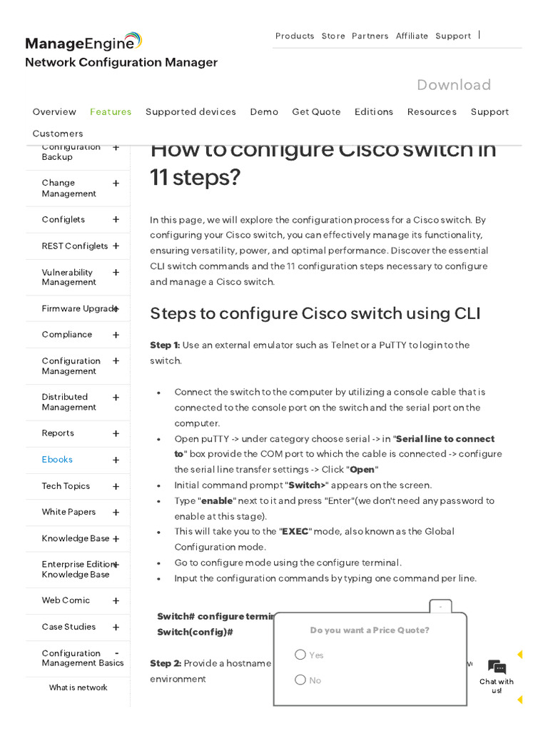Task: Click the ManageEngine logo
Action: [x=83, y=42]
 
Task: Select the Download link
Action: [x=454, y=85]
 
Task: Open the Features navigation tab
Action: [x=111, y=112]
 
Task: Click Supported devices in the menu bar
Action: [x=191, y=112]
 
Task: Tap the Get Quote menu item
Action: [x=316, y=112]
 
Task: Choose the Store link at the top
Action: [x=333, y=36]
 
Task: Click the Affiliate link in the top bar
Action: [x=412, y=36]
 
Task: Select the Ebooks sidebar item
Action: [x=57, y=460]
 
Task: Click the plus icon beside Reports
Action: [x=116, y=433]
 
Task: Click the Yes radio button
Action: [x=300, y=655]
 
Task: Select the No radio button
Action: [x=300, y=680]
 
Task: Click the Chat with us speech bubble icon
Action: [x=497, y=667]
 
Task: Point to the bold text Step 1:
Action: [x=165, y=346]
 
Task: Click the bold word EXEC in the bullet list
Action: [x=295, y=532]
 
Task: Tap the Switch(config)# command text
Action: [x=195, y=632]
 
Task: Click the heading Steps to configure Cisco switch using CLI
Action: [x=315, y=313]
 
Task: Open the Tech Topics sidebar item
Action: [x=66, y=486]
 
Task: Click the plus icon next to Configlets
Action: [x=116, y=220]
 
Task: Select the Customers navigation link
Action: [x=58, y=133]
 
